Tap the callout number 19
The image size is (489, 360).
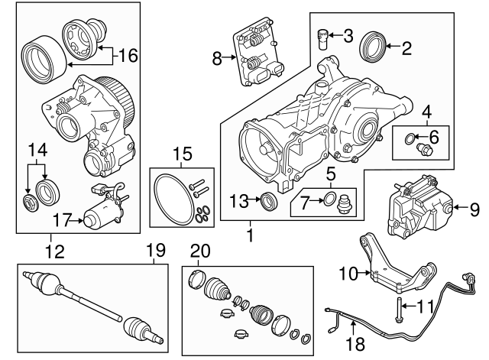156,250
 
